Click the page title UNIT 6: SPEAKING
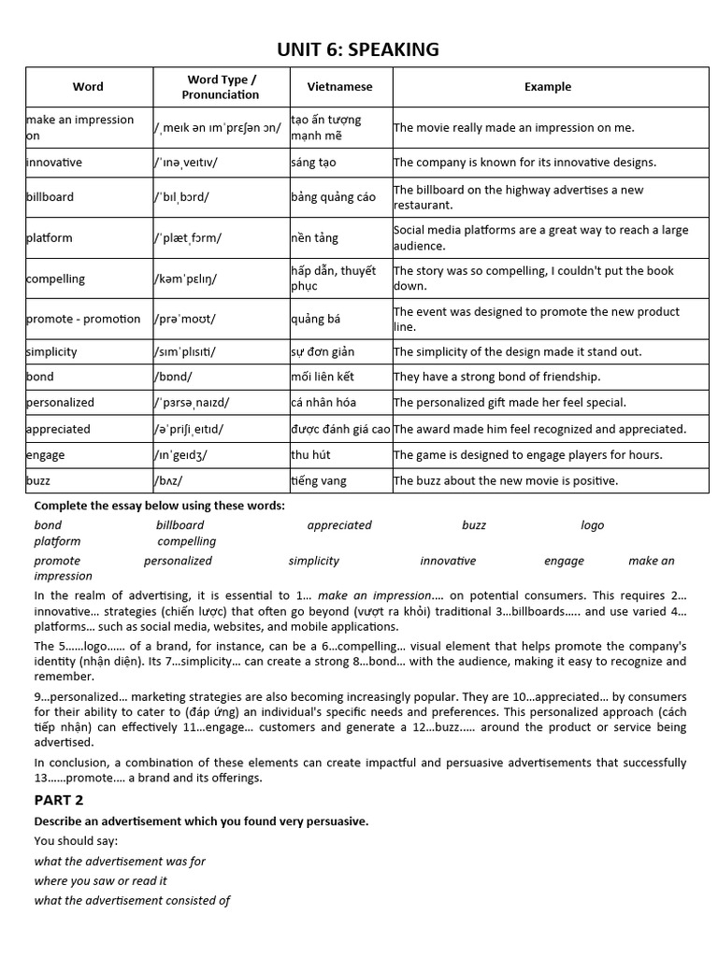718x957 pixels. pos(358,50)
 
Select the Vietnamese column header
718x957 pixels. pos(339,87)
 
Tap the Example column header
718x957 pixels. pos(548,87)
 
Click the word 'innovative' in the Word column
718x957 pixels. pos(54,163)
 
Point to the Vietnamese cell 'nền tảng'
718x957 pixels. pos(313,238)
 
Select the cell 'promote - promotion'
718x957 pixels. pos(83,320)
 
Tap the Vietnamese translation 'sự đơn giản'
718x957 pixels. pos(323,352)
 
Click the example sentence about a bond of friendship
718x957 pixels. pos(496,378)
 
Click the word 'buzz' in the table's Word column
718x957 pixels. pos(39,481)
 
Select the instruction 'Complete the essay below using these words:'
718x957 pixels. pos(160,506)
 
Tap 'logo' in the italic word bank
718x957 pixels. pos(593,525)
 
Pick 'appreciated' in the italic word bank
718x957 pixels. pos(339,525)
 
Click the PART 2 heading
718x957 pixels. pos(59,800)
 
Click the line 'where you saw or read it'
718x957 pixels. pos(101,880)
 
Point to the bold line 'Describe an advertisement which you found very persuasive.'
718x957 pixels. pos(201,821)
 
